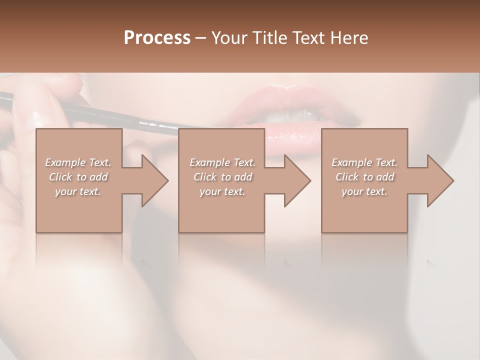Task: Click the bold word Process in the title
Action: click(157, 38)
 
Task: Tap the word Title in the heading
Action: click(268, 38)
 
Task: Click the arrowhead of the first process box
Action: click(155, 180)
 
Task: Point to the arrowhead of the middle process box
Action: click(297, 180)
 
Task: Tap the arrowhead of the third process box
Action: click(440, 180)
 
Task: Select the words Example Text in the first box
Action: click(77, 162)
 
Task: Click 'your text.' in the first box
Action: click(77, 191)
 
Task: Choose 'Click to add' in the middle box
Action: click(222, 177)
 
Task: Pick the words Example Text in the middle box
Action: click(222, 162)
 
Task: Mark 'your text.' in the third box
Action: click(364, 191)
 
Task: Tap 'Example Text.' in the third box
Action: click(364, 162)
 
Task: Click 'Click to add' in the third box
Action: click(364, 177)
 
